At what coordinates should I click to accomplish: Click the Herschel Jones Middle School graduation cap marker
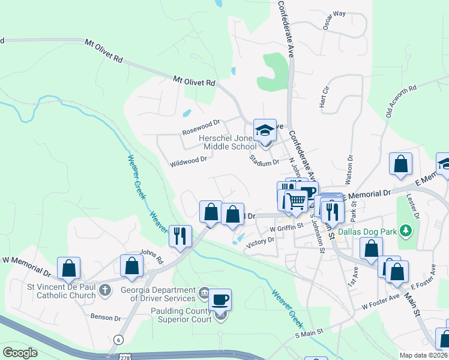[264, 130]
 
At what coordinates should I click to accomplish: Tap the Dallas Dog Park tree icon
[406, 230]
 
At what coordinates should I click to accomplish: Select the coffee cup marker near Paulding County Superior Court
[220, 299]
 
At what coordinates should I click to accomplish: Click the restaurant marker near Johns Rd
[179, 236]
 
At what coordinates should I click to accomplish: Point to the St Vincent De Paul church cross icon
[104, 291]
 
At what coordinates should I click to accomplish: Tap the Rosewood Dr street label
[201, 128]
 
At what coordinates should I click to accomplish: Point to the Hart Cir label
[326, 95]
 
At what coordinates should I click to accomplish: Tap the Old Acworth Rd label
[402, 103]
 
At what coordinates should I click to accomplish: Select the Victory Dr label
[260, 241]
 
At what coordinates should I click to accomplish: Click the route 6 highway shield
[119, 340]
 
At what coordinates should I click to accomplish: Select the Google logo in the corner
[20, 353]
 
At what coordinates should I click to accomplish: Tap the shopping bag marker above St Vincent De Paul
[68, 269]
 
